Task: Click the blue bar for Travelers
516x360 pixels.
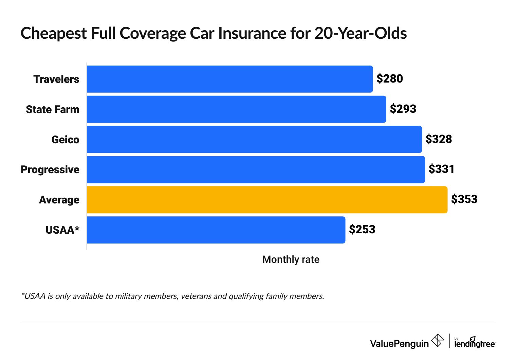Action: (230, 79)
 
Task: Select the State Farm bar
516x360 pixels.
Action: (236, 109)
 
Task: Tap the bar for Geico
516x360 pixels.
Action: (254, 140)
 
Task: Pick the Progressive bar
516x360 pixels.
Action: (256, 169)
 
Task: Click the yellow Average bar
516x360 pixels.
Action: (267, 200)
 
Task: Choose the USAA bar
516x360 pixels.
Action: (216, 230)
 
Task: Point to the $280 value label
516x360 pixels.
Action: (390, 79)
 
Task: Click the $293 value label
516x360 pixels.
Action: (403, 109)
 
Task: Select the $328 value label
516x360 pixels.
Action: (439, 139)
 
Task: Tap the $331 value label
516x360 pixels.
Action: (441, 169)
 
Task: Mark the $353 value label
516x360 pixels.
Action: (464, 199)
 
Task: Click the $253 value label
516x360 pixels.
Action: (362, 230)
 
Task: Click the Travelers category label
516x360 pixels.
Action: (56, 79)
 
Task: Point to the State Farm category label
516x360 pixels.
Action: (53, 110)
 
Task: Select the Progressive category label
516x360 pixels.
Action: (50, 170)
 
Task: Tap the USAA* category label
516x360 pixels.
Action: (62, 230)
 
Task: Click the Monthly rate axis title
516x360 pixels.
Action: (291, 260)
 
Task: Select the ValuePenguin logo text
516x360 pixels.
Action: (399, 344)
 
